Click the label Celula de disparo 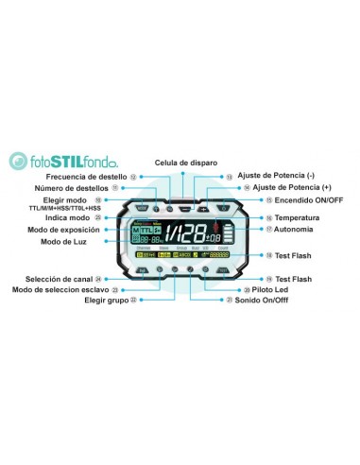click(185, 162)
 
